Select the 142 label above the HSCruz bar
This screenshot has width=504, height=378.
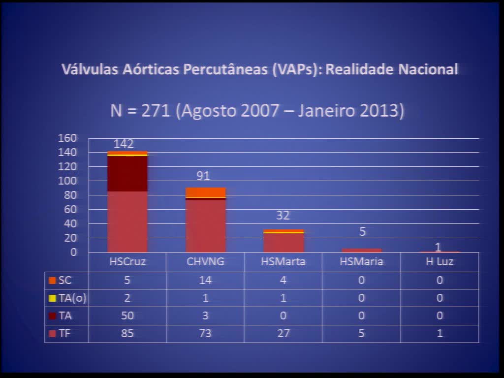(x=124, y=144)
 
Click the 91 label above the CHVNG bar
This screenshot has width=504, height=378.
(x=203, y=176)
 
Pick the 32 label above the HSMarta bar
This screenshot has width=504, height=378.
(x=283, y=216)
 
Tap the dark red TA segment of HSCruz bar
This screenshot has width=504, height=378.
(x=127, y=173)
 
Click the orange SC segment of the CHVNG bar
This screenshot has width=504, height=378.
(x=206, y=192)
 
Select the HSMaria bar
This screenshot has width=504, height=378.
(x=362, y=250)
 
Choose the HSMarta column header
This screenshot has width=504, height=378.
(x=283, y=262)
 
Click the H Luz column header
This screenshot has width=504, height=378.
(x=439, y=262)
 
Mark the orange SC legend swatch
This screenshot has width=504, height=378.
(x=52, y=281)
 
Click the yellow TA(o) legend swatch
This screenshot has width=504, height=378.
(x=52, y=298)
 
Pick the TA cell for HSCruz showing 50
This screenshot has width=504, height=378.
(x=127, y=315)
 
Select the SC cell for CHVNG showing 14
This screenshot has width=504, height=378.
(x=205, y=281)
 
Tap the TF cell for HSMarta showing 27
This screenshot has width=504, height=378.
(x=283, y=333)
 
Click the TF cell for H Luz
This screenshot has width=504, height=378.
(x=439, y=333)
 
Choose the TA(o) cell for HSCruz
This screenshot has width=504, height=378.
(x=127, y=298)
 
